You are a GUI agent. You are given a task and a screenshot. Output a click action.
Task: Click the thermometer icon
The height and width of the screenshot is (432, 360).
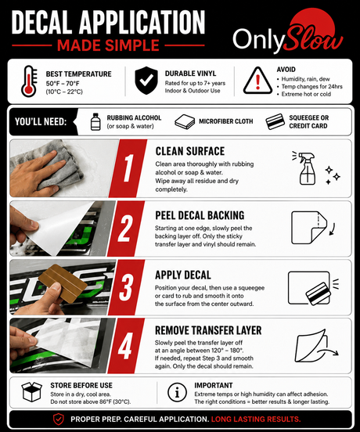(29, 81)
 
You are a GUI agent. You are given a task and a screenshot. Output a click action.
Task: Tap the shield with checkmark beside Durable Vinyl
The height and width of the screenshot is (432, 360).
(146, 81)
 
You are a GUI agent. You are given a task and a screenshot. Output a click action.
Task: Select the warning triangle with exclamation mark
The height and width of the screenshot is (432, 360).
(257, 81)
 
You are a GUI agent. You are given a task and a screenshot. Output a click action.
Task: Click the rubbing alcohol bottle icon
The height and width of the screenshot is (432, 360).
(95, 121)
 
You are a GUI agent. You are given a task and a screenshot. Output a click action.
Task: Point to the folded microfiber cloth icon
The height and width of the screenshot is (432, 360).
(185, 122)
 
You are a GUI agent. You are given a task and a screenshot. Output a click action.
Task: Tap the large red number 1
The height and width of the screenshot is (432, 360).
(128, 167)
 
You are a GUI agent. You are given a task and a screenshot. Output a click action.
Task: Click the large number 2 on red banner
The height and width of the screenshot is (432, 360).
(125, 229)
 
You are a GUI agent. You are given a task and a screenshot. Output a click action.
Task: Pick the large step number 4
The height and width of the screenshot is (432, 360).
(125, 345)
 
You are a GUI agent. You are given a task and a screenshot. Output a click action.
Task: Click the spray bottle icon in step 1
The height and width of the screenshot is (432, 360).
(306, 167)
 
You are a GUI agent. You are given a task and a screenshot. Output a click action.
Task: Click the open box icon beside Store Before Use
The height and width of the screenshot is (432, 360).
(31, 392)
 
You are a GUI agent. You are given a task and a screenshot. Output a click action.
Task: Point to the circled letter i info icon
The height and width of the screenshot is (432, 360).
(177, 392)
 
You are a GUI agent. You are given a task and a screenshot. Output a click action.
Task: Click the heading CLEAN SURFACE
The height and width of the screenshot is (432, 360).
(190, 151)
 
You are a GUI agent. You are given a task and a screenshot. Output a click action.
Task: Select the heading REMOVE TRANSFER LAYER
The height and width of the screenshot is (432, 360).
(208, 330)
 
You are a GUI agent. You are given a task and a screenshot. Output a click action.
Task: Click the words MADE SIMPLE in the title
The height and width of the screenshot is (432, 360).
(108, 45)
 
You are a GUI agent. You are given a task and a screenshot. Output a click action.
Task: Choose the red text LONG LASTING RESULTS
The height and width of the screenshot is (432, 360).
(256, 419)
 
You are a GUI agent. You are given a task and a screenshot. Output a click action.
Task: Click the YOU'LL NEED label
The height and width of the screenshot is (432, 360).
(41, 121)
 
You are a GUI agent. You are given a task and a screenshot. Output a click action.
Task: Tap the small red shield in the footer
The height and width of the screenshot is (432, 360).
(59, 419)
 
